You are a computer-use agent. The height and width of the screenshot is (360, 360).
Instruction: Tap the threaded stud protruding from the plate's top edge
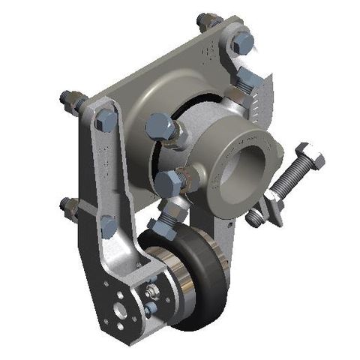coord(207,20)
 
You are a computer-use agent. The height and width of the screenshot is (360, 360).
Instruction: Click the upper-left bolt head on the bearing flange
coord(161,124)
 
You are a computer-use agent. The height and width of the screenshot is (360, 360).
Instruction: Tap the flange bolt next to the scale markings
coord(244,80)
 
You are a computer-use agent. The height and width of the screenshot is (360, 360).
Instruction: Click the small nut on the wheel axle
coord(152,289)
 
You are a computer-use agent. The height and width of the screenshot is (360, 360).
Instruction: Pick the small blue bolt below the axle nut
coord(149,307)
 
